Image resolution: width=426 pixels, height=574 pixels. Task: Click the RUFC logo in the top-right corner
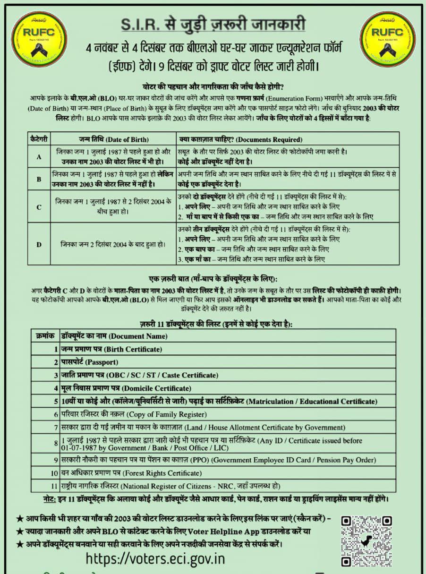(x=387, y=39)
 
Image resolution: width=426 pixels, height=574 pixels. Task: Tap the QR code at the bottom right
(x=366, y=540)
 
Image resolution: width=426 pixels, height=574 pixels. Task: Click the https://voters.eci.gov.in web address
(x=155, y=558)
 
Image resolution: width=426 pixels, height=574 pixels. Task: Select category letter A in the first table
(x=39, y=155)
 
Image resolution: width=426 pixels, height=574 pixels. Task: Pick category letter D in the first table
(x=39, y=244)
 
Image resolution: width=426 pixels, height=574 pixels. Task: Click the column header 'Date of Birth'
(x=113, y=139)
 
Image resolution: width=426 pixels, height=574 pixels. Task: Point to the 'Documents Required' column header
(x=241, y=139)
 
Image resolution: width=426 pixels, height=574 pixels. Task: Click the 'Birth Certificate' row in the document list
(x=111, y=349)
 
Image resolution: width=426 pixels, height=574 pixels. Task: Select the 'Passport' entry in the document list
(x=90, y=362)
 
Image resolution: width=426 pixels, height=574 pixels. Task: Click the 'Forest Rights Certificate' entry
(x=131, y=472)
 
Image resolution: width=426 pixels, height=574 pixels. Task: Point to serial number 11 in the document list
(x=54, y=486)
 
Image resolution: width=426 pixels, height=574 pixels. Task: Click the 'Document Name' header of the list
(x=114, y=336)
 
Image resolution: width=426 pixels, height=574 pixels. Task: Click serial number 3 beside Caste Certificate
(x=55, y=375)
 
